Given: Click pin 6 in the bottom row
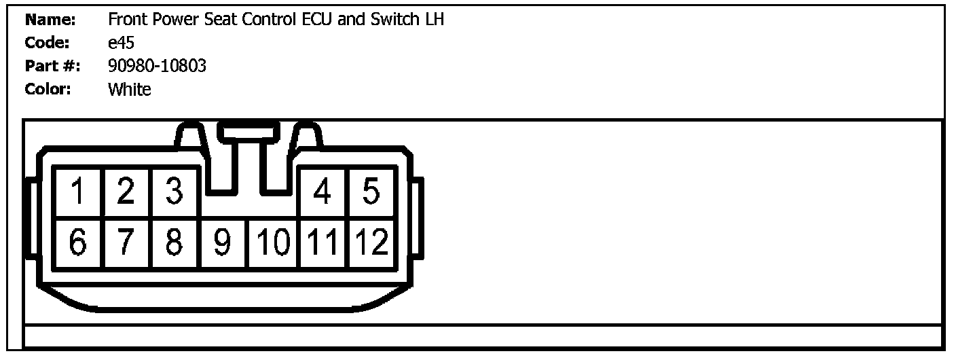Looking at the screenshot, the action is (78, 242).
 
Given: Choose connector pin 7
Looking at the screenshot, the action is (126, 242).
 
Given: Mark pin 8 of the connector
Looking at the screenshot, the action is (174, 242).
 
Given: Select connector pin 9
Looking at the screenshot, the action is (223, 242).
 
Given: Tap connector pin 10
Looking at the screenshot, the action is (273, 242).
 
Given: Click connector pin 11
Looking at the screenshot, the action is (323, 242).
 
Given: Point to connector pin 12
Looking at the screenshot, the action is (371, 242).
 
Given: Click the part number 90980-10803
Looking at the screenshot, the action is (157, 66).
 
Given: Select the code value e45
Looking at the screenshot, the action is (121, 43).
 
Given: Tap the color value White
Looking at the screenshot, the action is (129, 89).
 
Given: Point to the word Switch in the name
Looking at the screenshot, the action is (394, 20).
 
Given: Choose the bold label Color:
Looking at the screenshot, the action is (48, 89).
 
